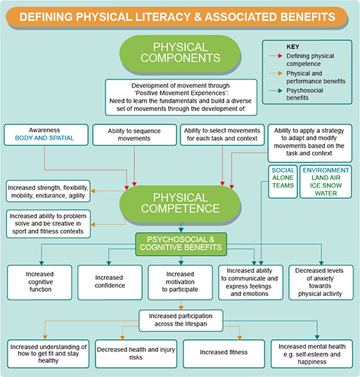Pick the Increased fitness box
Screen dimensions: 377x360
[223, 352]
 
